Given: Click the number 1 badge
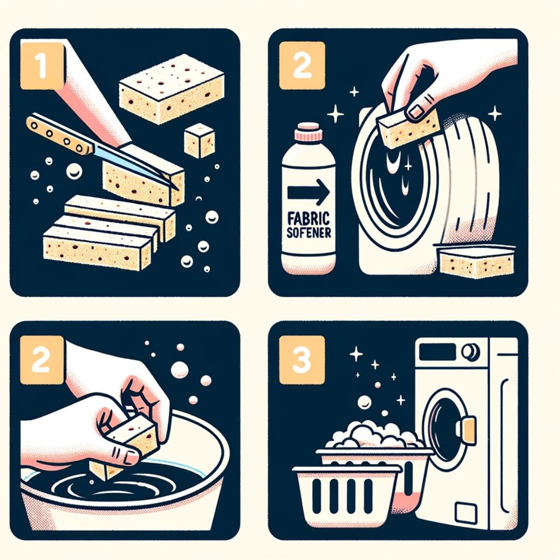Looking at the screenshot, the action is (x=42, y=65).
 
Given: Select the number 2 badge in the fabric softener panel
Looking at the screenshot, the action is (x=301, y=65).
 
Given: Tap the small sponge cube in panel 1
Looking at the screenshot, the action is (x=199, y=140).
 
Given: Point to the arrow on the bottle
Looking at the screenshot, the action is (x=308, y=192).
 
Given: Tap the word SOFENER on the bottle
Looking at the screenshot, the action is (x=308, y=232).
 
